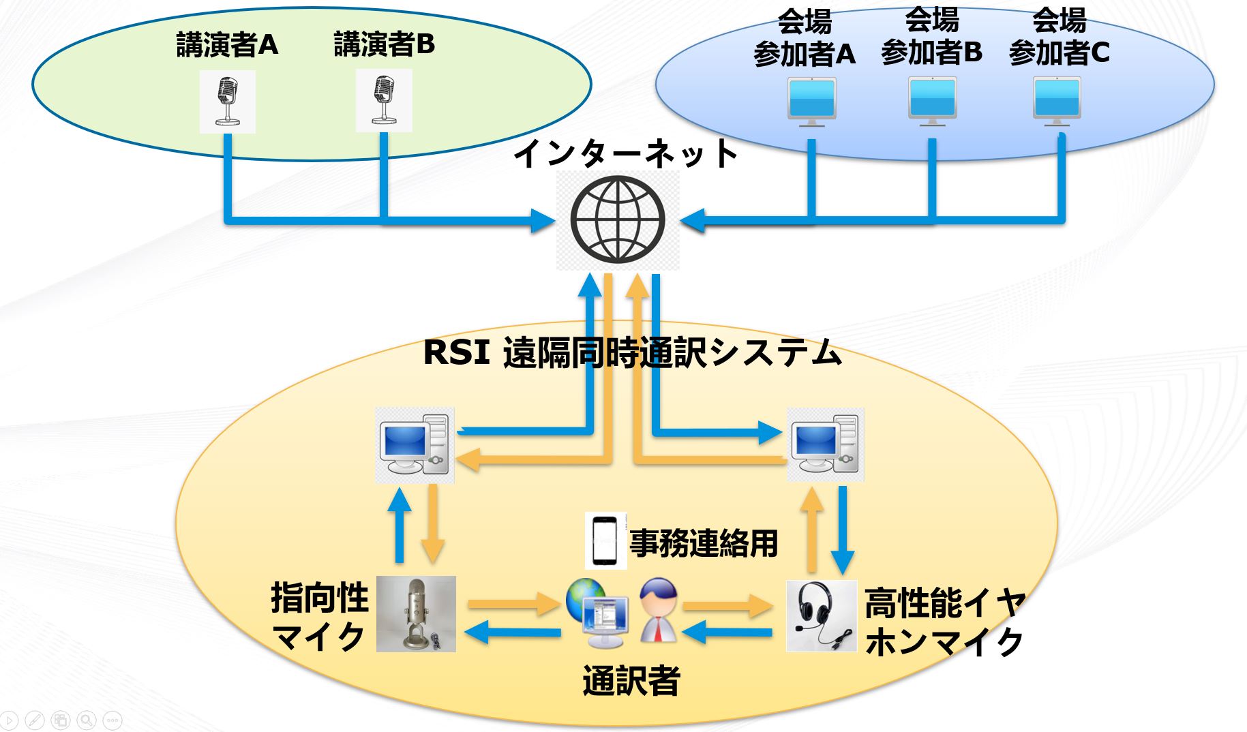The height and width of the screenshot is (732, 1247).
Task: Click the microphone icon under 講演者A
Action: click(x=227, y=102)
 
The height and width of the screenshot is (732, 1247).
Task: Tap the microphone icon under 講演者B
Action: click(x=384, y=101)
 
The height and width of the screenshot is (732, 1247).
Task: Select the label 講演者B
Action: click(x=384, y=45)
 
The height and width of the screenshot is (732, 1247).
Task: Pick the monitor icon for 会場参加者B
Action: click(x=932, y=102)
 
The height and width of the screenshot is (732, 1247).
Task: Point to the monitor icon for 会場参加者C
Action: click(x=1057, y=102)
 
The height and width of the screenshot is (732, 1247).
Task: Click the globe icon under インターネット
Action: click(x=618, y=219)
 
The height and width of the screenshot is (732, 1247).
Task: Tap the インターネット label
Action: click(x=625, y=153)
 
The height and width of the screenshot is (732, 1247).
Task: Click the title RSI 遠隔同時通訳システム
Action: click(x=632, y=352)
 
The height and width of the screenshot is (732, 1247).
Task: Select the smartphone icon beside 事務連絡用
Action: click(x=605, y=541)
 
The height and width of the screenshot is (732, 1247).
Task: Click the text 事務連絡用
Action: click(x=703, y=543)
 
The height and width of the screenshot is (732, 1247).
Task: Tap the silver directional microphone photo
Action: click(x=416, y=613)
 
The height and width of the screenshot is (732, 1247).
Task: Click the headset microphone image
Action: click(x=822, y=615)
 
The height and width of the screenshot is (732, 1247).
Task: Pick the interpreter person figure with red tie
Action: click(x=659, y=610)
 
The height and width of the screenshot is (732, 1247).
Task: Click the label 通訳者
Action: click(x=631, y=680)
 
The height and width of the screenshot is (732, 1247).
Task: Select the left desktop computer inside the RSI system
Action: click(x=415, y=445)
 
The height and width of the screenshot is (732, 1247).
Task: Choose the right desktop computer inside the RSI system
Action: click(x=825, y=444)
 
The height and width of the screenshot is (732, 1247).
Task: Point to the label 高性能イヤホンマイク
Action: click(x=944, y=622)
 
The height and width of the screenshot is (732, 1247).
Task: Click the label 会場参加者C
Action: click(x=1059, y=37)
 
